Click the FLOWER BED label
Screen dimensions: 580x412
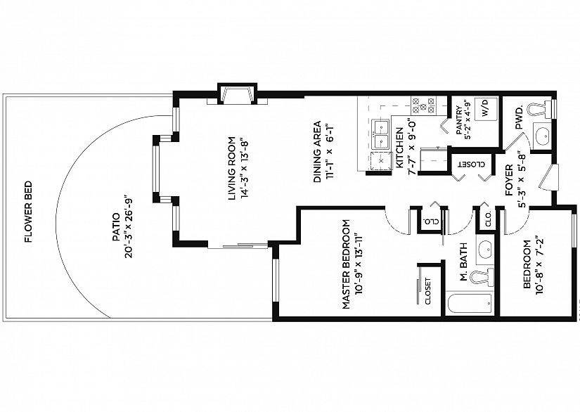click(29, 212)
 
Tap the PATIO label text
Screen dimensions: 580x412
click(116, 227)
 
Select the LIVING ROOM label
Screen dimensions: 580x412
click(232, 169)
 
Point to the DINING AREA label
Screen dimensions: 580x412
click(318, 152)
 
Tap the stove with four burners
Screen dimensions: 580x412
click(423, 105)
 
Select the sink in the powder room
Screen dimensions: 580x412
click(543, 136)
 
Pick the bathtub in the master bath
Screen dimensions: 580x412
click(470, 303)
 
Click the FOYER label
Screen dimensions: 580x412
click(510, 180)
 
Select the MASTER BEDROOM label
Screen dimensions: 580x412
click(346, 264)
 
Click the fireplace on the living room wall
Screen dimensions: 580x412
click(237, 94)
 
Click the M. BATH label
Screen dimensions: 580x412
click(464, 262)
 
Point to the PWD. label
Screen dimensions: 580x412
click(520, 117)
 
